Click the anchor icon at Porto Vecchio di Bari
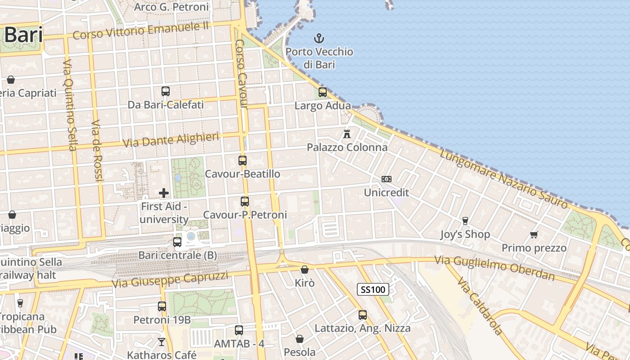[x=319, y=38]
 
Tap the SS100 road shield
[x=373, y=289]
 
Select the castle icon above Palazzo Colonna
[x=347, y=134]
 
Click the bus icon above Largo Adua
[x=323, y=92]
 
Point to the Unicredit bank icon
[x=386, y=179]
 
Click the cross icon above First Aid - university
[x=164, y=193]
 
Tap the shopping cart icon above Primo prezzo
[x=534, y=234]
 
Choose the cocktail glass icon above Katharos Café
[x=162, y=342]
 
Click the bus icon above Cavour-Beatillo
[x=243, y=160]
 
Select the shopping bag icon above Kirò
[x=305, y=270]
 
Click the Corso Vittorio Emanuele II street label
[x=141, y=31]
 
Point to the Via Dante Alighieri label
[x=171, y=139]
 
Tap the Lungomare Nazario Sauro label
[x=504, y=179]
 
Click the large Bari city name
[x=23, y=35]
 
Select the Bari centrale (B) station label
[x=178, y=255]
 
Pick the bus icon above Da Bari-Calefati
[x=166, y=91]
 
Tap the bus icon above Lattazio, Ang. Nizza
[x=363, y=315]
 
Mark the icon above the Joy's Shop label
[x=465, y=220]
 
